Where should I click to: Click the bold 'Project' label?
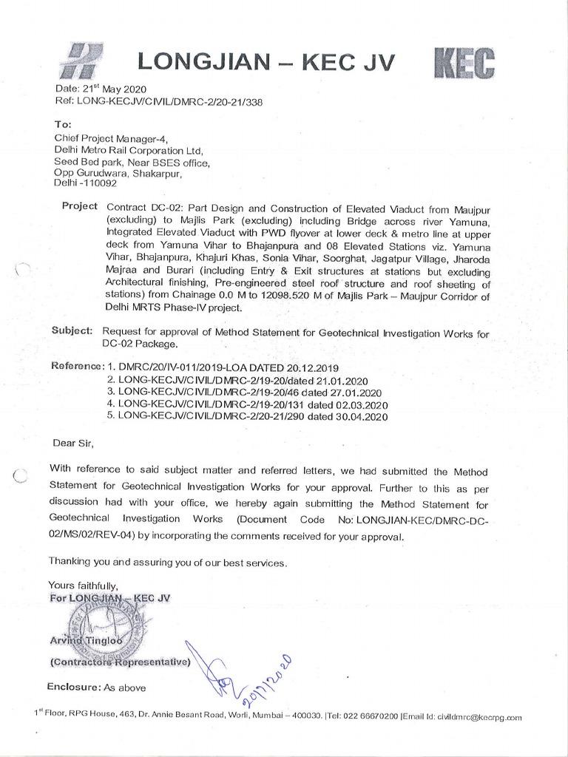point(80,206)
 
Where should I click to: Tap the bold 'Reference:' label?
point(77,367)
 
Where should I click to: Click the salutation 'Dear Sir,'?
point(73,444)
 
